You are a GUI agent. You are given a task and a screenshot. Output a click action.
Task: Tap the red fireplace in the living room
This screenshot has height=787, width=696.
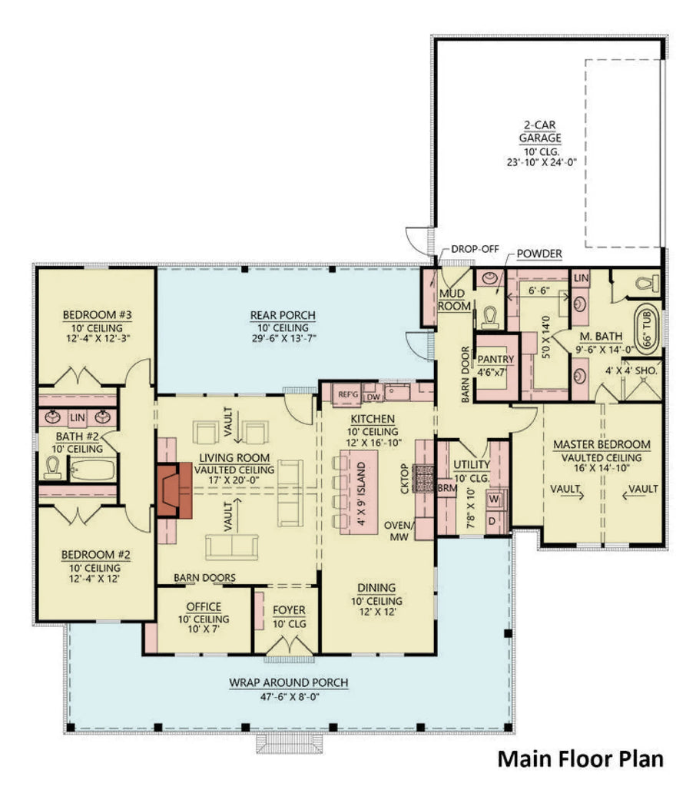click(171, 490)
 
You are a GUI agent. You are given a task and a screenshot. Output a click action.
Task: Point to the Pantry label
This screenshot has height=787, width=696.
click(495, 358)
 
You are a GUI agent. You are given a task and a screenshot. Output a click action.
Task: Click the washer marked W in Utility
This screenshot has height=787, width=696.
click(495, 498)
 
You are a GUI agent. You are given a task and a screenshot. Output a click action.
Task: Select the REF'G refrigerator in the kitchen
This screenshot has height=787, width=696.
click(349, 394)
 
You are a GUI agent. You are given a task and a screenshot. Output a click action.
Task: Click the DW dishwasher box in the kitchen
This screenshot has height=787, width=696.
click(373, 395)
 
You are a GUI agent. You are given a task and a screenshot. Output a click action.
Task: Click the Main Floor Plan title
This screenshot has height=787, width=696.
click(580, 759)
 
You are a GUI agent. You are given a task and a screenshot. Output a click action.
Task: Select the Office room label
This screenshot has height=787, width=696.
click(204, 606)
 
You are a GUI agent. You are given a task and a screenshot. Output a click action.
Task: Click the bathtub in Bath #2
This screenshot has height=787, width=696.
click(92, 470)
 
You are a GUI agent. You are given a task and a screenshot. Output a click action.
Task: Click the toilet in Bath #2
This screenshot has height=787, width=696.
click(53, 467)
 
